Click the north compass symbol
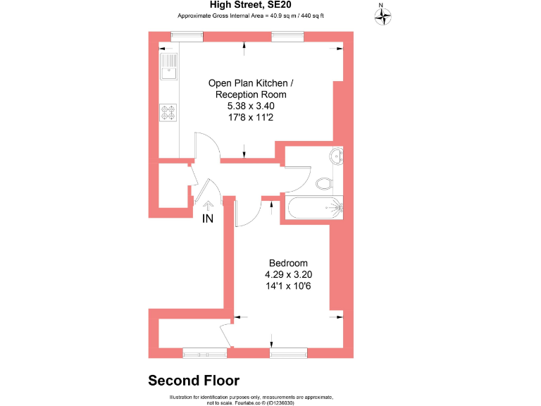click(x=383, y=16)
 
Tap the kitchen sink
click(x=169, y=67)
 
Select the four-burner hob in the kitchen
click(x=169, y=113)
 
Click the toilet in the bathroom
click(x=325, y=183)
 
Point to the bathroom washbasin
click(x=337, y=156)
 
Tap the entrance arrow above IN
click(x=208, y=205)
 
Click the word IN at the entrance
click(x=208, y=219)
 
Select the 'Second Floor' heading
click(x=194, y=381)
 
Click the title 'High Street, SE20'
click(x=240, y=6)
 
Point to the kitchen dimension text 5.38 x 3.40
click(x=246, y=106)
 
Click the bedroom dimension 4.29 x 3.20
click(x=288, y=274)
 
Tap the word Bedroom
click(x=288, y=263)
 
